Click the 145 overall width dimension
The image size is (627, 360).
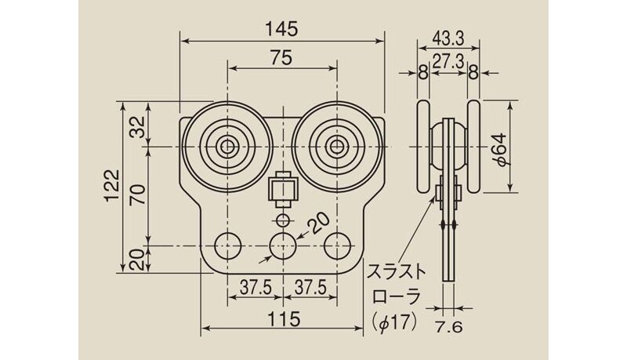[282, 29]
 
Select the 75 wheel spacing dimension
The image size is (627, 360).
[281, 58]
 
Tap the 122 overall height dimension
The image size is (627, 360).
[113, 187]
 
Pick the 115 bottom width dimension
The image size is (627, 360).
[284, 319]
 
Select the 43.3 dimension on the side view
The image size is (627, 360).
[448, 38]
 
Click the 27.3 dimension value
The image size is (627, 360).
[448, 62]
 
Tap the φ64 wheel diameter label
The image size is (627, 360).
[500, 149]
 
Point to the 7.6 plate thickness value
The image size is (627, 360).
[448, 327]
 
